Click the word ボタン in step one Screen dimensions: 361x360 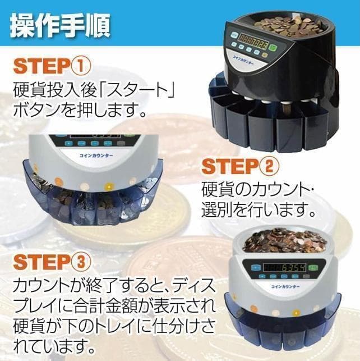click(35, 107)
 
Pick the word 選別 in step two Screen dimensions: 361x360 click(220, 210)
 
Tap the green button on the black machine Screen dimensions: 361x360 click(272, 47)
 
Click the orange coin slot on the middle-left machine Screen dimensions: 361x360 click(83, 186)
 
